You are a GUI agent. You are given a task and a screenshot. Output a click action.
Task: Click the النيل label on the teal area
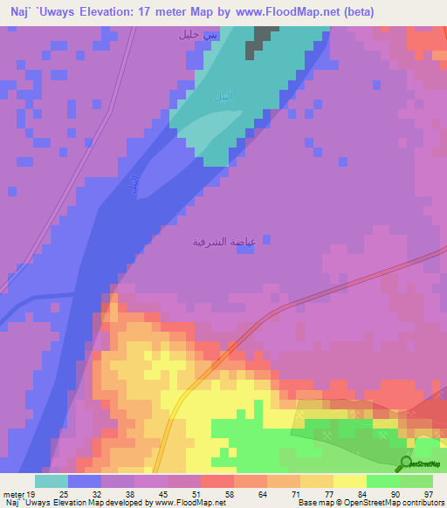(x=224, y=96)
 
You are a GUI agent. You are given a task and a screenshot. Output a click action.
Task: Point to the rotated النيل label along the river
(x=134, y=185)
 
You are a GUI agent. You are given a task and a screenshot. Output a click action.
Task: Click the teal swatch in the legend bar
(x=52, y=481)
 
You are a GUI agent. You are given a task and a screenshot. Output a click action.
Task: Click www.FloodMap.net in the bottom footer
(x=182, y=503)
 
